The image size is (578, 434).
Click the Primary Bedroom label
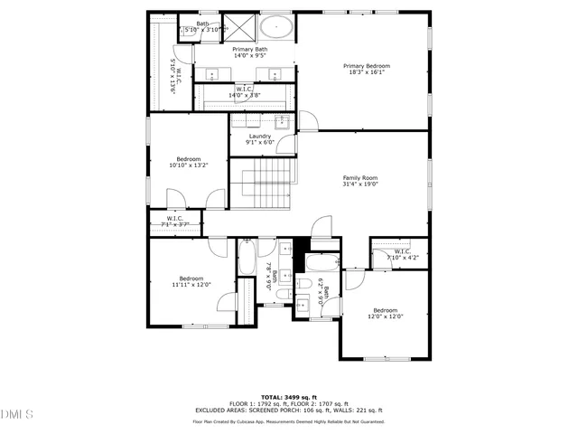pos(366,66)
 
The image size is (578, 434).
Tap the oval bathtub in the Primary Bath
pos(277,29)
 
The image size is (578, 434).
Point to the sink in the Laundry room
pos(281,121)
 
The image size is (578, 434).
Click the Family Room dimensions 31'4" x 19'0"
pos(359,184)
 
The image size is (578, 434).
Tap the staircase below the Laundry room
pos(263,181)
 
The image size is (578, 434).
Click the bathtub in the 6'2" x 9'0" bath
pos(322,264)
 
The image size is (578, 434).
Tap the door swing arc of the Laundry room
pos(306,121)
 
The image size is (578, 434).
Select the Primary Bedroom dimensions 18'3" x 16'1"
pos(366,73)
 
